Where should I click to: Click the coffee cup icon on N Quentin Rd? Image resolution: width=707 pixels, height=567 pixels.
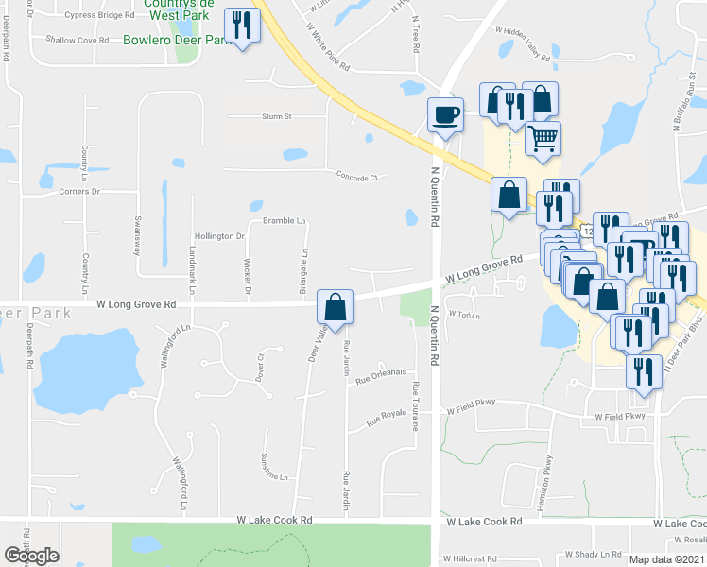pos(446,115)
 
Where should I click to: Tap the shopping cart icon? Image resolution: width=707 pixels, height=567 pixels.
pos(543,139)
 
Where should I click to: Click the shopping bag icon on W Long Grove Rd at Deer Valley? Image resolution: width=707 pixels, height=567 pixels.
pos(335,306)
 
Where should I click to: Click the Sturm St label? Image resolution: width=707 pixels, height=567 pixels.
pos(278,116)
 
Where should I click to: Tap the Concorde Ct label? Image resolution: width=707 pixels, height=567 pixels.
pos(357,176)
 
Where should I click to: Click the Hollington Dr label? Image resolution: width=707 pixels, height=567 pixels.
pos(219,235)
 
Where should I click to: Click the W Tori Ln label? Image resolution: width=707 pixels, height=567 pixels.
pos(464,314)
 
